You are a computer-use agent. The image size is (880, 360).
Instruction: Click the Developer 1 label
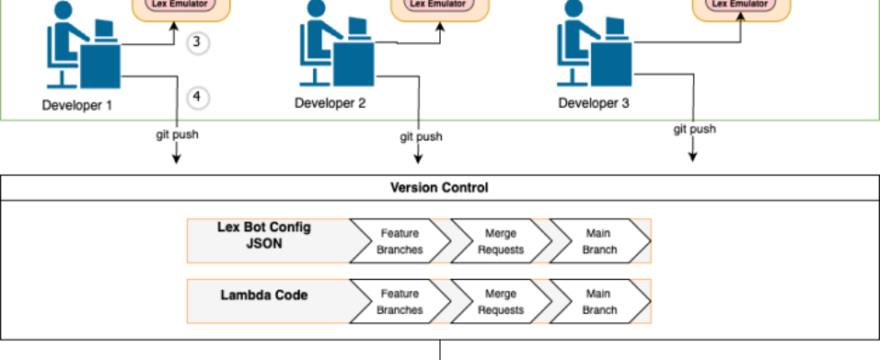(x=77, y=104)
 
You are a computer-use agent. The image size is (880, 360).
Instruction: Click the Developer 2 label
(x=330, y=103)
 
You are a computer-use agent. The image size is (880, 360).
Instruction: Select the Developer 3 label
(x=594, y=103)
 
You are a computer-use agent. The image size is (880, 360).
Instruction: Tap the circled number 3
(x=198, y=42)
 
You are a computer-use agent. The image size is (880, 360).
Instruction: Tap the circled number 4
(x=198, y=96)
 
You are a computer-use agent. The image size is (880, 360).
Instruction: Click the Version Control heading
(x=439, y=188)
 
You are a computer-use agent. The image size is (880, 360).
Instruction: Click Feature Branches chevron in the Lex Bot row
(x=400, y=241)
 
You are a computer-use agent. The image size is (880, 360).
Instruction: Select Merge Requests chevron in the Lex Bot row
(x=500, y=241)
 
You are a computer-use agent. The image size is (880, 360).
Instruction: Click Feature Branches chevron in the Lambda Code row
(x=400, y=301)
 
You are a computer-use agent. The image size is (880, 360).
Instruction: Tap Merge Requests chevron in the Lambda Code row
(x=500, y=301)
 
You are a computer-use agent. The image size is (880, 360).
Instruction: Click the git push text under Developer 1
(x=176, y=135)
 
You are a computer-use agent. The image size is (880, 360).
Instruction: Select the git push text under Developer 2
(x=421, y=137)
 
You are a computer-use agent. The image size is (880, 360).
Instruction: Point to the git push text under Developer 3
(x=695, y=129)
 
